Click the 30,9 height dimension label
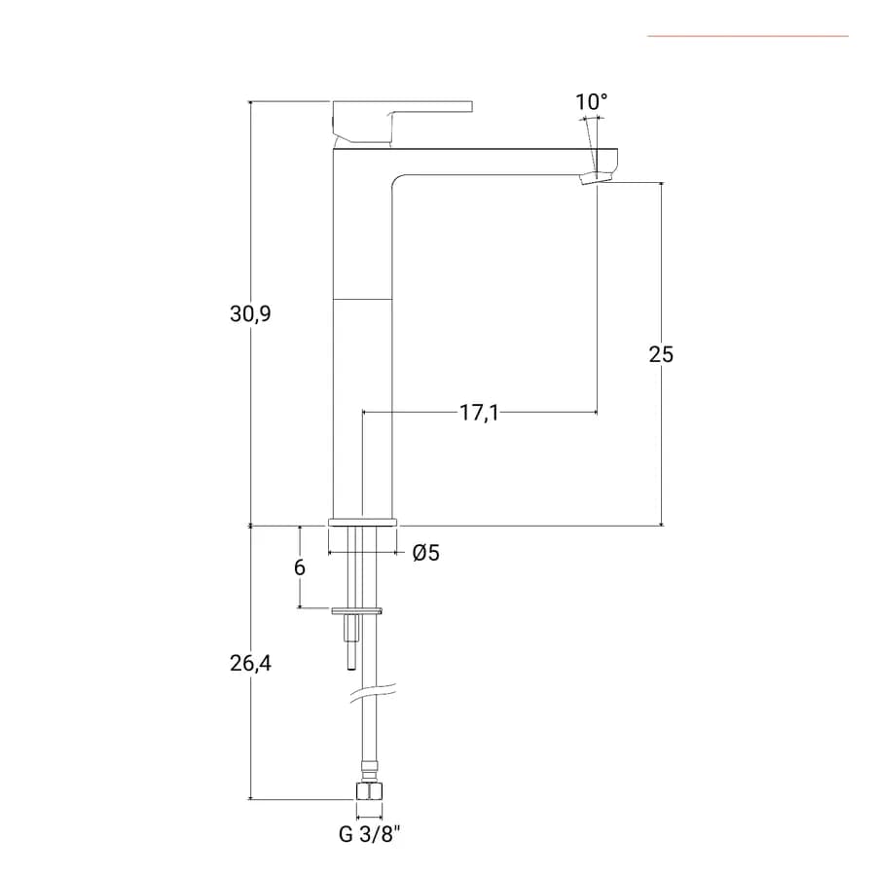(x=250, y=314)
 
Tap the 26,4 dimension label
(x=250, y=663)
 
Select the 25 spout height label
(x=661, y=354)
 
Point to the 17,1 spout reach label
(x=479, y=413)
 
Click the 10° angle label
(x=592, y=102)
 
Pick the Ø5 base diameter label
(x=426, y=553)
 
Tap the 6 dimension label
(x=300, y=567)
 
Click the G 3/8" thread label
(x=370, y=835)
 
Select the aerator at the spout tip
(x=597, y=178)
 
